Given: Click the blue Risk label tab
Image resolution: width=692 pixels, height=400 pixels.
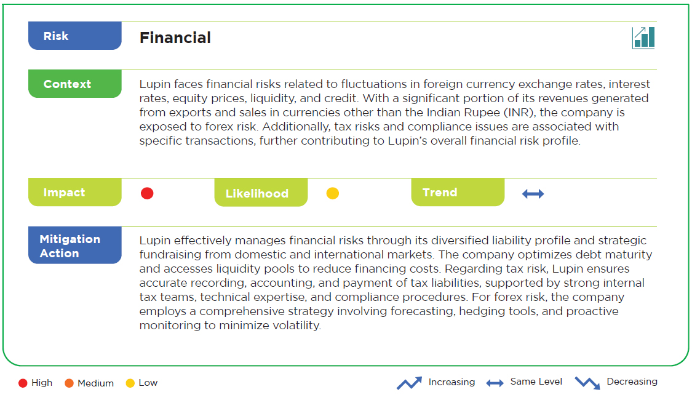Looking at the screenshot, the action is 75,36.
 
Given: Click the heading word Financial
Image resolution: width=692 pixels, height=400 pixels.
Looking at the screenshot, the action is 175,38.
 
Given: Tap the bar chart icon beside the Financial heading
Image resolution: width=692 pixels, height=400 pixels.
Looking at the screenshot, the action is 643,38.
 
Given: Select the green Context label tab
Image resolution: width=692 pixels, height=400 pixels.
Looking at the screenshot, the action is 75,84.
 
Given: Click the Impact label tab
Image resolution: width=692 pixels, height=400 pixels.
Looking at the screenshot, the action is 75,193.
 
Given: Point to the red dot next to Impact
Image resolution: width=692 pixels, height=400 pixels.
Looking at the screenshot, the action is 147,193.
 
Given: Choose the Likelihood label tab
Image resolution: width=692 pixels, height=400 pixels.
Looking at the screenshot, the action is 261,193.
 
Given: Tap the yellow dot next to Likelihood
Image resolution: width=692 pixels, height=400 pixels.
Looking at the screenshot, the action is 332,193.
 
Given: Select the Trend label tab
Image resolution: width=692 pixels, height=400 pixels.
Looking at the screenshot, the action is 458,193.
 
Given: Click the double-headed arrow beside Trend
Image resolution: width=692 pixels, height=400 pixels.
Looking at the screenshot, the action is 533,194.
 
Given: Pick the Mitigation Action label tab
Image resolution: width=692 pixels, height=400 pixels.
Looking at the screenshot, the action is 75,246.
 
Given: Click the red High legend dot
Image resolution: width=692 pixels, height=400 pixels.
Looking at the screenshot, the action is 23,383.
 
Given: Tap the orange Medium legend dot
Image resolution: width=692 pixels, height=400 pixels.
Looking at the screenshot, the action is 69,383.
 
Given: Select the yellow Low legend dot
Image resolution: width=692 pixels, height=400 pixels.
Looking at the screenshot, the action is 130,383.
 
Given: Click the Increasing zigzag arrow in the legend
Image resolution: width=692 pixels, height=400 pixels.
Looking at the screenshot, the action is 409,383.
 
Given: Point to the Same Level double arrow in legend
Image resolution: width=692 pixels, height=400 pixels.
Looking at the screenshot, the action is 495,383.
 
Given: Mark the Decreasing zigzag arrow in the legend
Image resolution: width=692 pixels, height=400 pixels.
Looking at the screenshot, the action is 587,383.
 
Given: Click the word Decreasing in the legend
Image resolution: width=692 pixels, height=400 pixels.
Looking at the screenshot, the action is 632,382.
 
